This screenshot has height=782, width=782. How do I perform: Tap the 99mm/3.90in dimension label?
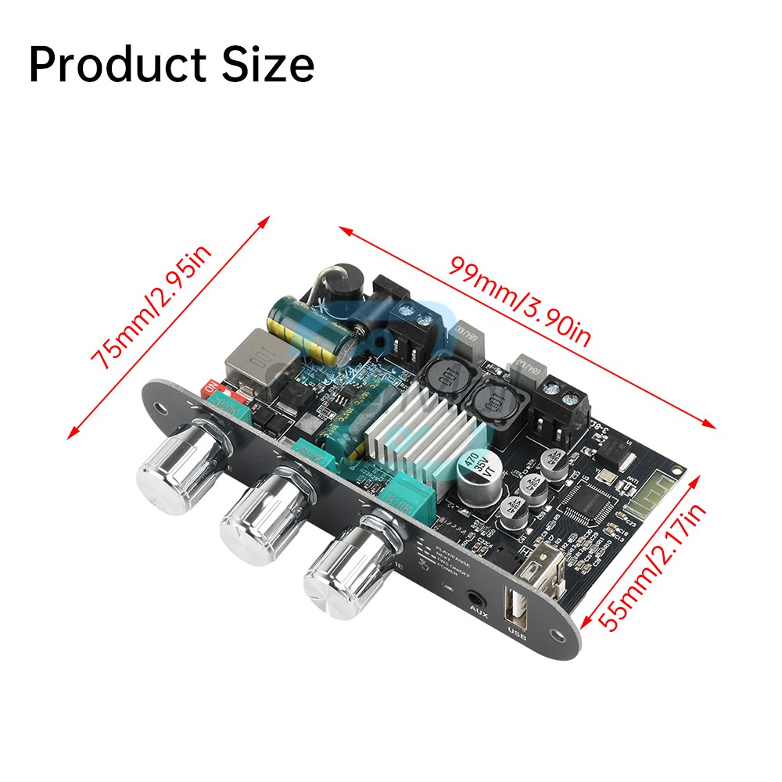[x=519, y=301]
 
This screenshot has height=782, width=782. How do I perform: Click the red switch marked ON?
[x=211, y=388]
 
